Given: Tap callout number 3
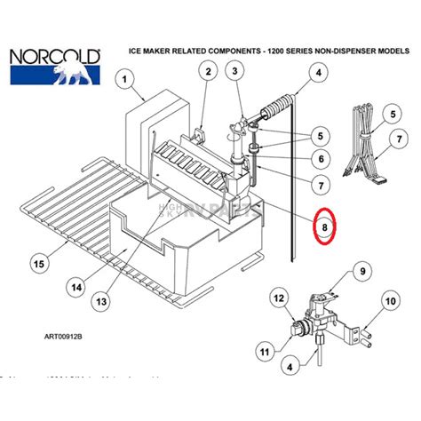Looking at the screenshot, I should pyautogui.click(x=236, y=71).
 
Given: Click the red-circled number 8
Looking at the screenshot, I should pyautogui.click(x=325, y=227).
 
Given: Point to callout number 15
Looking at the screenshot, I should pyautogui.click(x=37, y=262).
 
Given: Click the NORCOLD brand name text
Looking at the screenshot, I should pyautogui.click(x=53, y=58).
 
